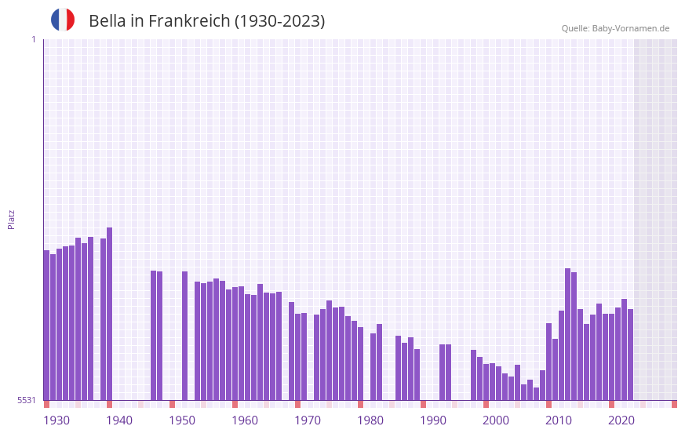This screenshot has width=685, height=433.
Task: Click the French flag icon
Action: click(63, 20)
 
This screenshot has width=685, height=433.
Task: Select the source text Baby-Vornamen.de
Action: click(630, 28)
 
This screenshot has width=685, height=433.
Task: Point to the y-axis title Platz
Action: click(11, 219)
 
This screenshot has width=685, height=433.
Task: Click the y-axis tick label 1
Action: click(33, 39)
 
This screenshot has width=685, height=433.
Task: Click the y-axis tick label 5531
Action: click(27, 400)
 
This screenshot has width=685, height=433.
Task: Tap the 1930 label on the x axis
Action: click(56, 420)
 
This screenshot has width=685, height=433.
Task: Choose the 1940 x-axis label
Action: click(119, 420)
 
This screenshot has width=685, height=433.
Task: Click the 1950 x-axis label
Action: click(182, 420)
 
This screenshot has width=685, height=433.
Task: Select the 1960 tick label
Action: click(245, 420)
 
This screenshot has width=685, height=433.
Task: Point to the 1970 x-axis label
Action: click(308, 420)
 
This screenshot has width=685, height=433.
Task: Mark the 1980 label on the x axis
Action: click(370, 420)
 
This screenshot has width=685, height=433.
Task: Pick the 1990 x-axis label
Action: click(433, 420)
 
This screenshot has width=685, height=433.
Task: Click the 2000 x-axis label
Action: click(496, 420)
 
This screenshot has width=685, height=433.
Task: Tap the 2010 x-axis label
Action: click(559, 420)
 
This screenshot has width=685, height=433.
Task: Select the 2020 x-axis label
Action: click(621, 420)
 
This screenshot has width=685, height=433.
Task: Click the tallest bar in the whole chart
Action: click(110, 314)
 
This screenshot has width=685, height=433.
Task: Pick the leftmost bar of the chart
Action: click(47, 326)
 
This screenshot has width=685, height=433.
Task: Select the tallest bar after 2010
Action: click(568, 334)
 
